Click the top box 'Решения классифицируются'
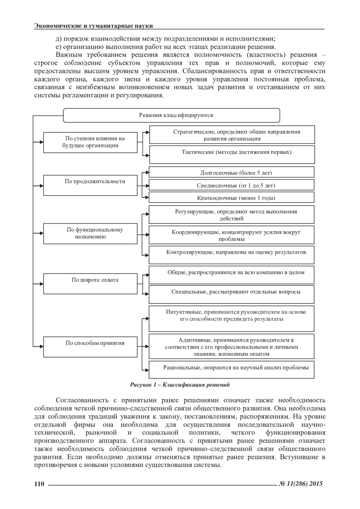[x=172, y=115]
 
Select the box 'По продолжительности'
[x=90, y=186]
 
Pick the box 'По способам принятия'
[x=90, y=347]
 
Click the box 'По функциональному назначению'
[x=90, y=234]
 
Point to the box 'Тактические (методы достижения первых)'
[x=232, y=154]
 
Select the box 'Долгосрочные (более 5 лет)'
[x=232, y=172]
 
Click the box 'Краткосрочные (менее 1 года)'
[x=232, y=197]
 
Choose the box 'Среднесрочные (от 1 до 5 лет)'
[x=232, y=185]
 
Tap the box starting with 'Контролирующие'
[x=232, y=255]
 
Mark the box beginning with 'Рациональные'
[x=232, y=370]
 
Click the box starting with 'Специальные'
[x=232, y=294]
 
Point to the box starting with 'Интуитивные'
[x=232, y=318]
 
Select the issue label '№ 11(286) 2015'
[x=301, y=484]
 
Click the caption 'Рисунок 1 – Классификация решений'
[x=180, y=385]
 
